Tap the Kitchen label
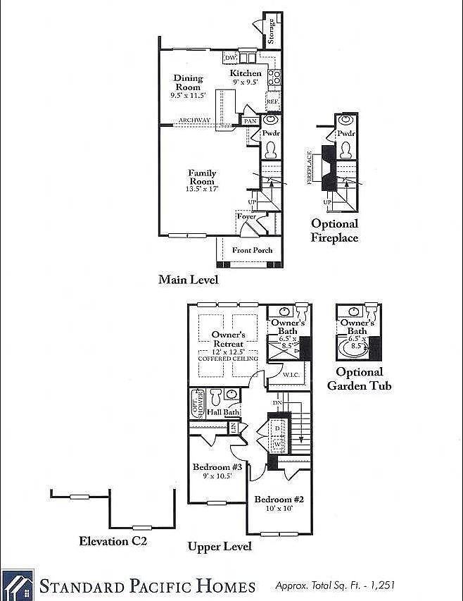coord(246,73)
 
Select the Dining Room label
coord(188,82)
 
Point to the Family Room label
coord(202,177)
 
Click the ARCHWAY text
coord(194,120)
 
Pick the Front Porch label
coord(253,250)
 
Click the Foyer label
coord(246,216)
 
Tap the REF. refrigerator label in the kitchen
coord(273,101)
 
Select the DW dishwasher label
coord(230,58)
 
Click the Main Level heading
coord(188,280)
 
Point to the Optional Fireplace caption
coord(334,230)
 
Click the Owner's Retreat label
coord(227,340)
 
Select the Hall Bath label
coord(223,412)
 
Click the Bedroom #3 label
coord(217,467)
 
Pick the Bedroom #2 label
coord(279,500)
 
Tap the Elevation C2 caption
coord(113,541)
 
